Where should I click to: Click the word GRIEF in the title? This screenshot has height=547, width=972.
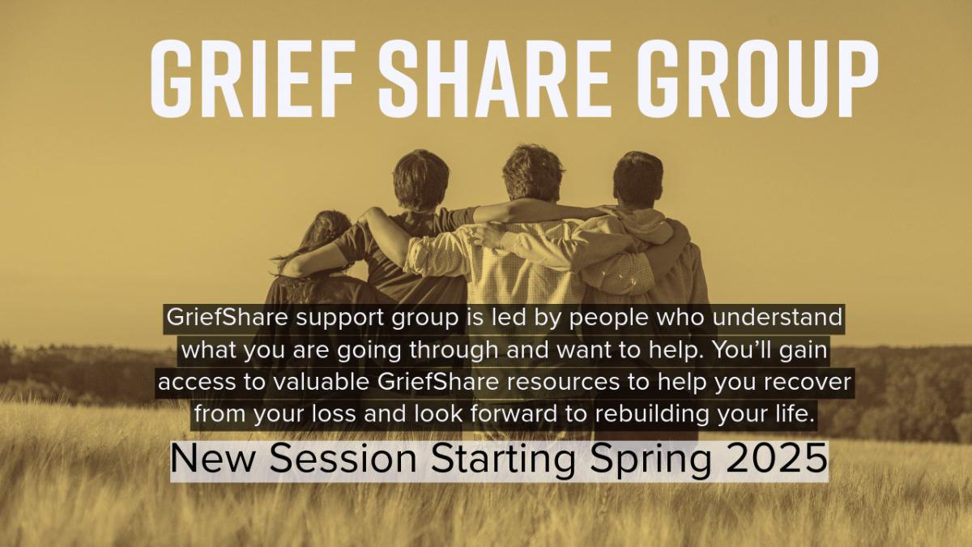point(253,79)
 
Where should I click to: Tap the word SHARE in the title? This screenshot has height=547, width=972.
point(494,79)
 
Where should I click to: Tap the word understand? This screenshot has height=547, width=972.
point(777,317)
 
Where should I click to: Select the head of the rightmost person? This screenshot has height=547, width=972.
point(638,180)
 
